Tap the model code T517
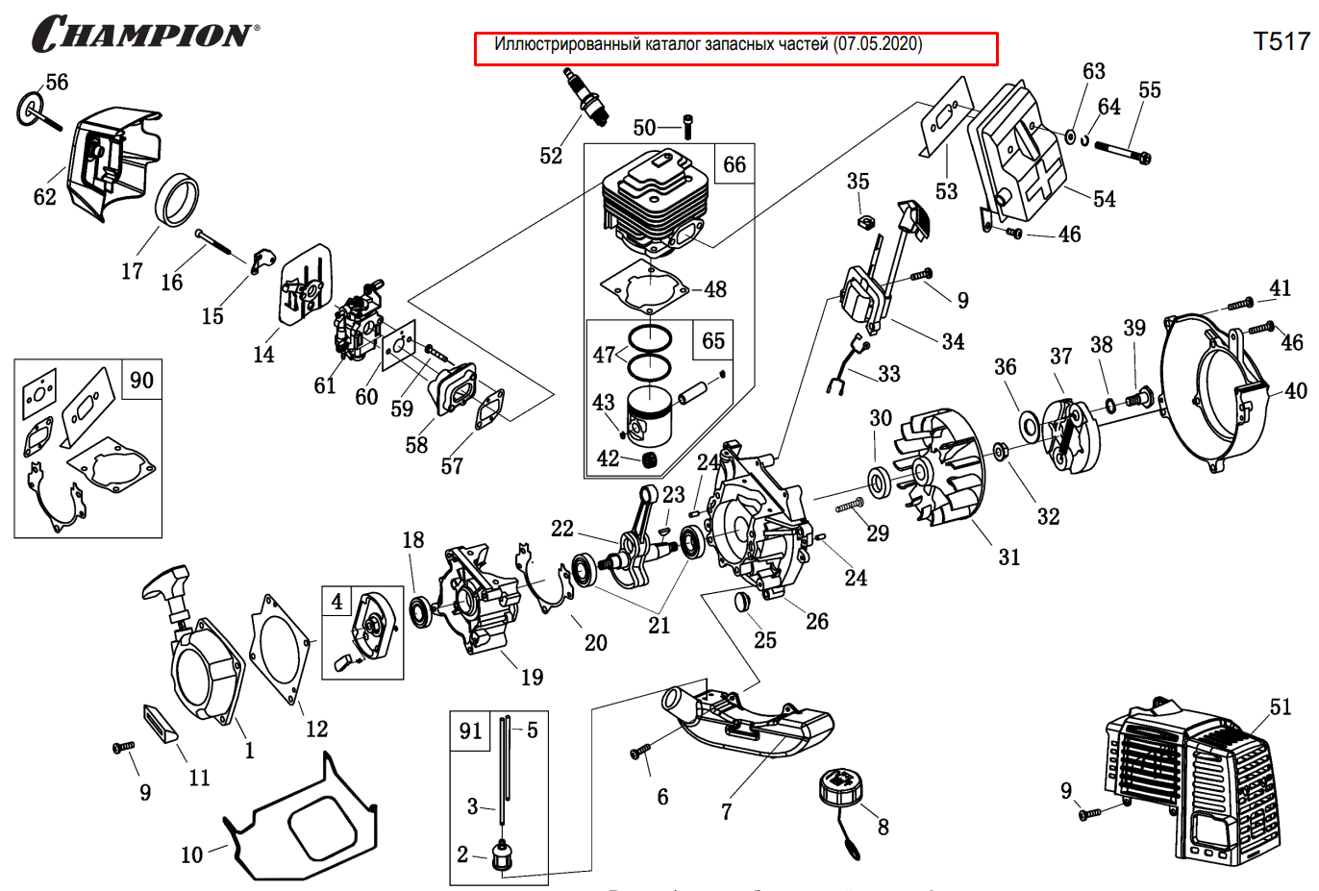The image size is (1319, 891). point(1282,40)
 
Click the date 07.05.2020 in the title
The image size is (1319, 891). point(878,44)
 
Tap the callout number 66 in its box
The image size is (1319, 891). point(734,164)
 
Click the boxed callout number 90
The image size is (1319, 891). point(141,380)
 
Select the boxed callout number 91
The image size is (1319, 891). point(470,730)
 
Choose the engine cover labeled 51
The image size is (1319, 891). point(1192,783)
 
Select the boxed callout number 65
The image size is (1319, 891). point(713,340)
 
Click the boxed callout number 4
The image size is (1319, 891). point(336,602)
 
